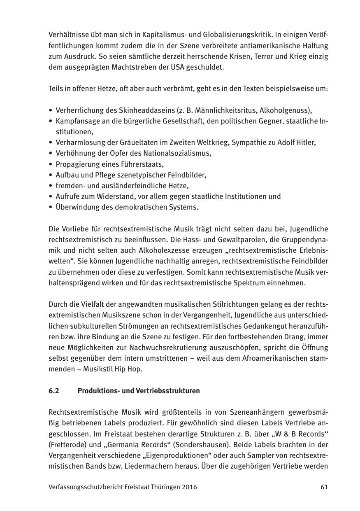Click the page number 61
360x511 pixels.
324,487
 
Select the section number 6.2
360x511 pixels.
53,391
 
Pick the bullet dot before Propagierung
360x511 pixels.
50,164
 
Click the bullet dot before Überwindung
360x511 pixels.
50,207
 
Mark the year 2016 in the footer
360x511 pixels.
189,487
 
